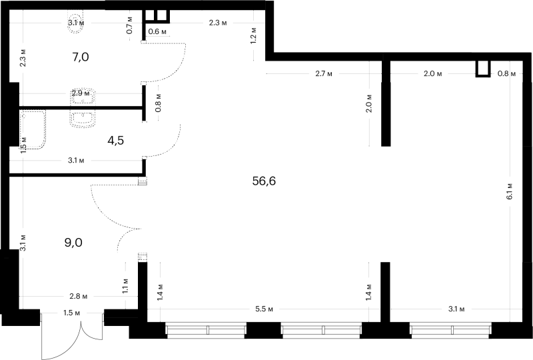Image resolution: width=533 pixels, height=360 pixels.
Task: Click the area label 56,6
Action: tap(264, 181)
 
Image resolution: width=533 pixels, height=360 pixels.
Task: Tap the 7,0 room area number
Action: tap(81, 57)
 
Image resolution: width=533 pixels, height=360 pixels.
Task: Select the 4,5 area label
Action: tap(115, 140)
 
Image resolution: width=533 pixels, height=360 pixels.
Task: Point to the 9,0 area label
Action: tap(73, 243)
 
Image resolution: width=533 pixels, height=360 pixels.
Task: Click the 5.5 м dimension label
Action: tap(264, 309)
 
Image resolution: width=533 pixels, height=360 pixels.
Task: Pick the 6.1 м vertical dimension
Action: tap(509, 191)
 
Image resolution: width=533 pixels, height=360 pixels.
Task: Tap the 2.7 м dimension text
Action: tap(323, 73)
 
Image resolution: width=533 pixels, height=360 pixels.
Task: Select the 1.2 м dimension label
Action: tap(253, 35)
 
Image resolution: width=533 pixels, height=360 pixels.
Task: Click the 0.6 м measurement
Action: tap(157, 31)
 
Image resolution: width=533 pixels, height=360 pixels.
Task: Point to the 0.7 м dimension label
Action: tap(129, 26)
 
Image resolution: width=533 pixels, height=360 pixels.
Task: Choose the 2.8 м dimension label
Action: tap(78, 297)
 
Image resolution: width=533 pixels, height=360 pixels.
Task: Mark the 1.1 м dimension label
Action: tap(125, 286)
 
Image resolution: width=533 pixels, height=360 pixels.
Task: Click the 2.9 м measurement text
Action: tap(81, 93)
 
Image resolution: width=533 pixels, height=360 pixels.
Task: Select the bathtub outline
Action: tap(32, 130)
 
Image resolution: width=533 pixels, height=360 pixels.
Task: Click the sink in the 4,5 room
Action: tap(83, 119)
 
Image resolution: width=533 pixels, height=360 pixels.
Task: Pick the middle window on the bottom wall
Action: tap(321, 330)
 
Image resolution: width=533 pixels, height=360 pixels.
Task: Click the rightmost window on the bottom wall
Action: tap(450, 330)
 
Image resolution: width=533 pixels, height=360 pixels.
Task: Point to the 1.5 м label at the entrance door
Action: tap(71, 313)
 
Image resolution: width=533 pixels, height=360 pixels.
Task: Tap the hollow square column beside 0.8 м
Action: tap(482, 69)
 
